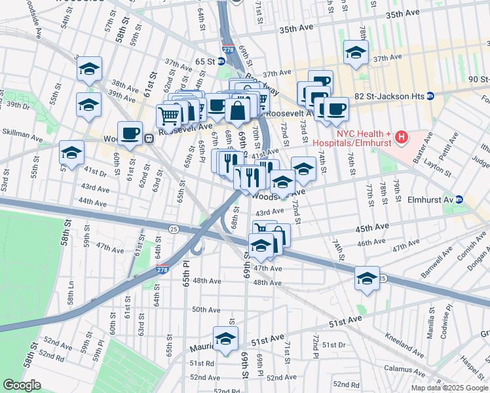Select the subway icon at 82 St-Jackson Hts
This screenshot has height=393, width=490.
click(430, 96)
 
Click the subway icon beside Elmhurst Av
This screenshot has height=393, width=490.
click(460, 199)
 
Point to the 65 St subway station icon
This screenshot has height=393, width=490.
click(221, 61)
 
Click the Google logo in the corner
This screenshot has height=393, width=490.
click(22, 385)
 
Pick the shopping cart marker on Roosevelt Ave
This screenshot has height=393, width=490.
click(169, 117)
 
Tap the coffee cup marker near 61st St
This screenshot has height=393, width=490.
click(130, 133)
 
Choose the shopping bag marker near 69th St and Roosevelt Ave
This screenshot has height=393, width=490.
click(237, 111)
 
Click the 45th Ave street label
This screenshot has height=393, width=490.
click(372, 227)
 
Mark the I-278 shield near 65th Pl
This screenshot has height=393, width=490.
click(161, 269)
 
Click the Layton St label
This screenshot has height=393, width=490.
click(438, 166)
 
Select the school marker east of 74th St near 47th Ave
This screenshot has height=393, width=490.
click(367, 278)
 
